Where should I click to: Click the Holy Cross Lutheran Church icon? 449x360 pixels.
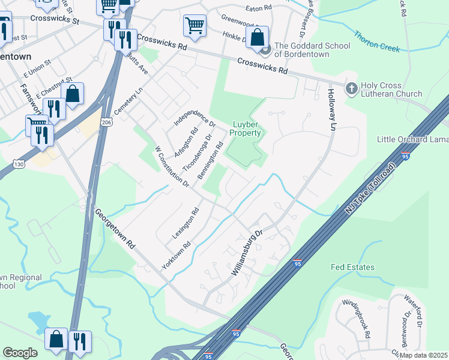(x=351, y=89)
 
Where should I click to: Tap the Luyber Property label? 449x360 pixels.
(x=247, y=128)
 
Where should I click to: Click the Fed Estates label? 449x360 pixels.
(x=353, y=267)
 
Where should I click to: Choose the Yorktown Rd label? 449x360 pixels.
(x=176, y=255)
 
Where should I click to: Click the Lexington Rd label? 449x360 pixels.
(x=185, y=224)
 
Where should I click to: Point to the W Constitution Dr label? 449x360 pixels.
(x=172, y=165)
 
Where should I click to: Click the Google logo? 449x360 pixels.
(x=20, y=353)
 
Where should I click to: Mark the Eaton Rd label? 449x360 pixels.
(x=259, y=8)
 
